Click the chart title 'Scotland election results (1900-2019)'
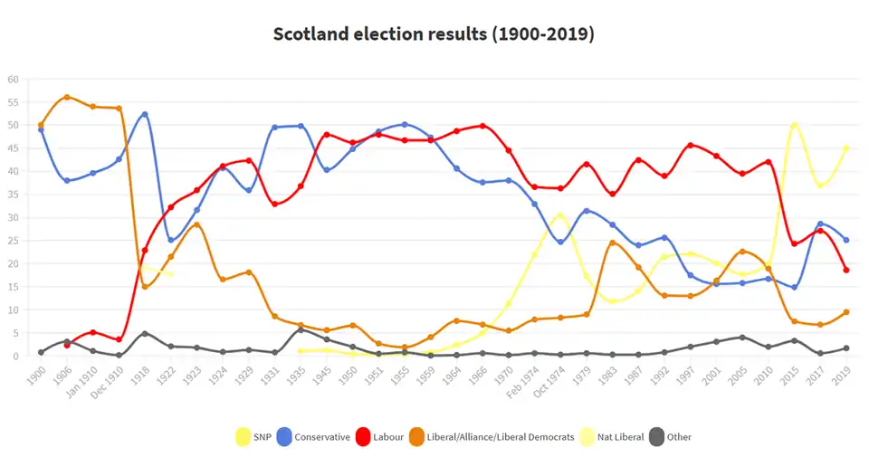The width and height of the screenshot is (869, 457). point(434,34)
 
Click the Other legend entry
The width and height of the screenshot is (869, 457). point(672,437)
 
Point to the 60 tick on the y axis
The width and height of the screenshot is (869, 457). point(13,79)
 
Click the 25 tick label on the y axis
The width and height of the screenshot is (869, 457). point(13,241)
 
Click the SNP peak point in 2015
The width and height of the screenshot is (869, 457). point(794,125)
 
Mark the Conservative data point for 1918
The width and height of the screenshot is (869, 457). point(145,114)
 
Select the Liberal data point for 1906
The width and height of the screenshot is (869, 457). point(67,97)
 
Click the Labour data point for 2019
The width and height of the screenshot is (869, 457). point(846,270)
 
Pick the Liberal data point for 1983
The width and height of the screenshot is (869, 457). point(612,243)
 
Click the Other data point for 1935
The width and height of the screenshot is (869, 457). point(301,329)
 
